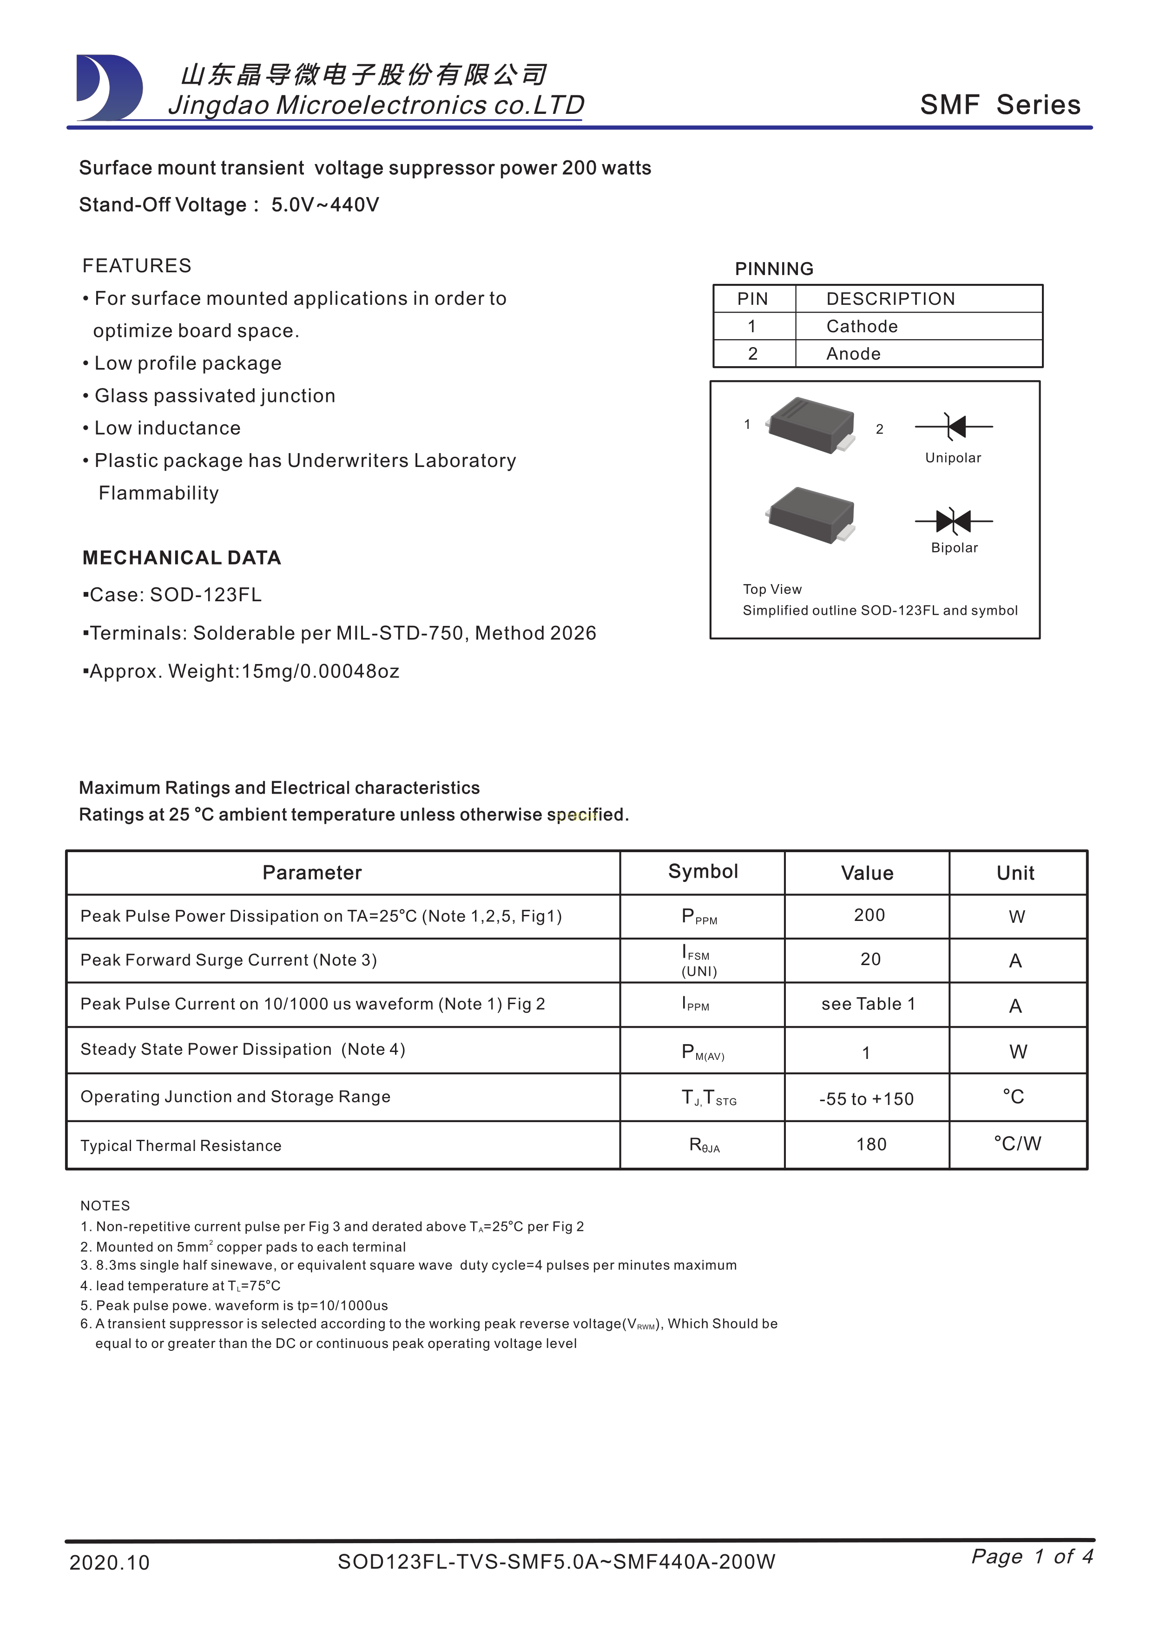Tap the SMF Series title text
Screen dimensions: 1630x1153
point(1000,105)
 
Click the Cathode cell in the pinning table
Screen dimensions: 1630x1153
point(862,327)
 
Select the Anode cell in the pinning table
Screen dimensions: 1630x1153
point(853,354)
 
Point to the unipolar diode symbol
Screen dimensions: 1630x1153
point(954,427)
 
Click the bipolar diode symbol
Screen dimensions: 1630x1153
point(954,521)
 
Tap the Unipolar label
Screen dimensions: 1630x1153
point(953,458)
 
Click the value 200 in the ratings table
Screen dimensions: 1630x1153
point(869,915)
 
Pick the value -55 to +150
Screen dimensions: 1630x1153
point(866,1099)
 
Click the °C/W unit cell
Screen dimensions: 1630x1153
point(1017,1143)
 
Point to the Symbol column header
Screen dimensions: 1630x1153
point(703,872)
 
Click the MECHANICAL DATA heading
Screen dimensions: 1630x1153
point(182,558)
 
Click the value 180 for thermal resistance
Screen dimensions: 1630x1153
point(871,1144)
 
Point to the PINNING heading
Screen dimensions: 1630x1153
point(774,269)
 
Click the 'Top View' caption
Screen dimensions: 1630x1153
point(772,589)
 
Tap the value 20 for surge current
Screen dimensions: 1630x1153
point(870,959)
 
